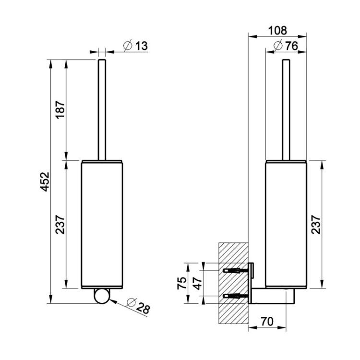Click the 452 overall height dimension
[45, 181]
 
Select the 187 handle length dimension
[60, 109]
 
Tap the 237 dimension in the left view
[60, 224]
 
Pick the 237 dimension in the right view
[316, 224]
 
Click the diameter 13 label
[135, 46]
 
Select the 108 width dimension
[277, 31]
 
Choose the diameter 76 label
[286, 46]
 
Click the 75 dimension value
[181, 283]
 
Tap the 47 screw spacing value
[197, 283]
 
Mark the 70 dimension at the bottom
[267, 322]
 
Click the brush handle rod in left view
[102, 110]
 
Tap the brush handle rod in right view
[286, 110]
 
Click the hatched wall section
[233, 283]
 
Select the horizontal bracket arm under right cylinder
[273, 296]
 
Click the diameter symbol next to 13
[128, 46]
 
